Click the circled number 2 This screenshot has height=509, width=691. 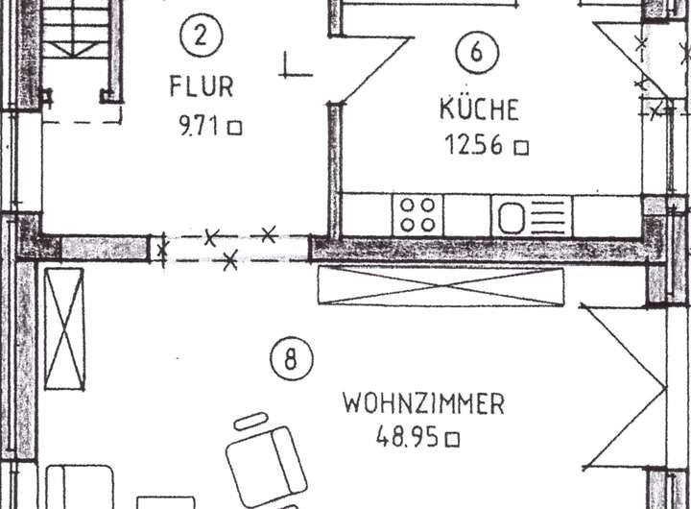(x=200, y=37)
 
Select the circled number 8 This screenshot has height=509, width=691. (x=292, y=361)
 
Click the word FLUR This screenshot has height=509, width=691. (x=202, y=86)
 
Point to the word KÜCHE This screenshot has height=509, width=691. (x=479, y=109)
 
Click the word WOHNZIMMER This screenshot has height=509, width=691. (x=423, y=403)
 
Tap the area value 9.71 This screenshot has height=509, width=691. (x=200, y=126)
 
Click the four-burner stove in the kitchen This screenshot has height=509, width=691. (x=417, y=214)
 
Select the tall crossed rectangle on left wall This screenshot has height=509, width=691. (x=64, y=328)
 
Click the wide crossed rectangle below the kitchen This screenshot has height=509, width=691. (x=441, y=285)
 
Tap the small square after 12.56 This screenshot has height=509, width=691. (x=521, y=148)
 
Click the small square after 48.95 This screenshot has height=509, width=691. (x=453, y=440)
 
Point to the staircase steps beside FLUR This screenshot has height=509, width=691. (x=78, y=38)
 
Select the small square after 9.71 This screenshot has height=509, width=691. (x=234, y=127)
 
